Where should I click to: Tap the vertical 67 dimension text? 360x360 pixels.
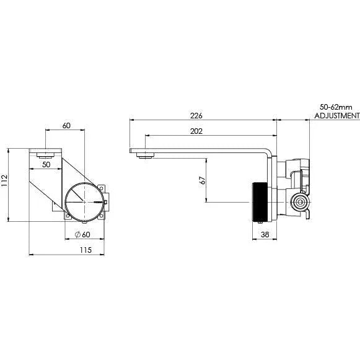202,180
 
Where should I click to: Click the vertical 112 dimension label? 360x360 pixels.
5,180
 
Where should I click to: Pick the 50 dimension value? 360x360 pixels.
46,165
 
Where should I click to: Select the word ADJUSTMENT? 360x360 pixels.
336,116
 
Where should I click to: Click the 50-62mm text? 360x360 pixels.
336,107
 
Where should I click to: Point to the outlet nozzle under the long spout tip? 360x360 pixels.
146,156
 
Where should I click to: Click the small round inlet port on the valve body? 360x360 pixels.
301,202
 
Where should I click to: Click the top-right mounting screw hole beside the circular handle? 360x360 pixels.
103,184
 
